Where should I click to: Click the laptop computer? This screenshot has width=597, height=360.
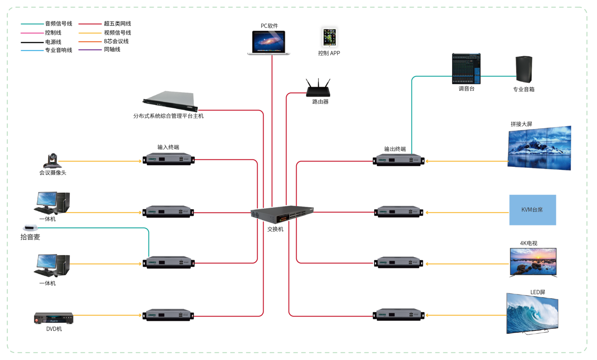(x=269, y=42)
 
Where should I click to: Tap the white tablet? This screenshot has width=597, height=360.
(x=330, y=37)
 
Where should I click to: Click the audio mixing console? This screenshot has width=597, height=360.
(x=466, y=68)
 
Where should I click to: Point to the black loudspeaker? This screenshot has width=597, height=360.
(x=524, y=69)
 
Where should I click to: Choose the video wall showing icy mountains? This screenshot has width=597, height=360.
(x=539, y=148)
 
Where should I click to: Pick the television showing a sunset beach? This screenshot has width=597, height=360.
(x=533, y=262)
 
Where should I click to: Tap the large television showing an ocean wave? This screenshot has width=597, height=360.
(x=532, y=313)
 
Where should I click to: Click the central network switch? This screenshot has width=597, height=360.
(x=282, y=214)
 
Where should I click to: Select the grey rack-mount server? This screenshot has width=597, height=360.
(x=170, y=101)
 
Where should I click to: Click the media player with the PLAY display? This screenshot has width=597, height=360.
(x=54, y=318)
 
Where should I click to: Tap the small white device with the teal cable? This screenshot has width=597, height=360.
(x=30, y=228)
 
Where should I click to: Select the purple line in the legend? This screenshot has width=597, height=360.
(x=90, y=50)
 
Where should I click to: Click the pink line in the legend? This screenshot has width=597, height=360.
(x=32, y=33)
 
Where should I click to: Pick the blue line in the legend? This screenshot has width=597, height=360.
(x=32, y=51)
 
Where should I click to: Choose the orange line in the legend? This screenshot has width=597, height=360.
(x=90, y=42)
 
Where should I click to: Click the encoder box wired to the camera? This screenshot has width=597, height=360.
(x=169, y=159)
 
